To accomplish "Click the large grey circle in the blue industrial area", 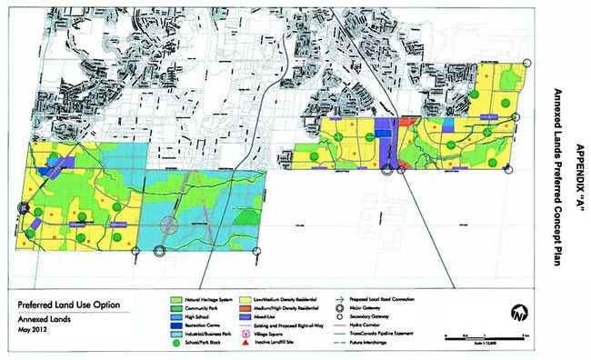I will pos(169,225).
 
